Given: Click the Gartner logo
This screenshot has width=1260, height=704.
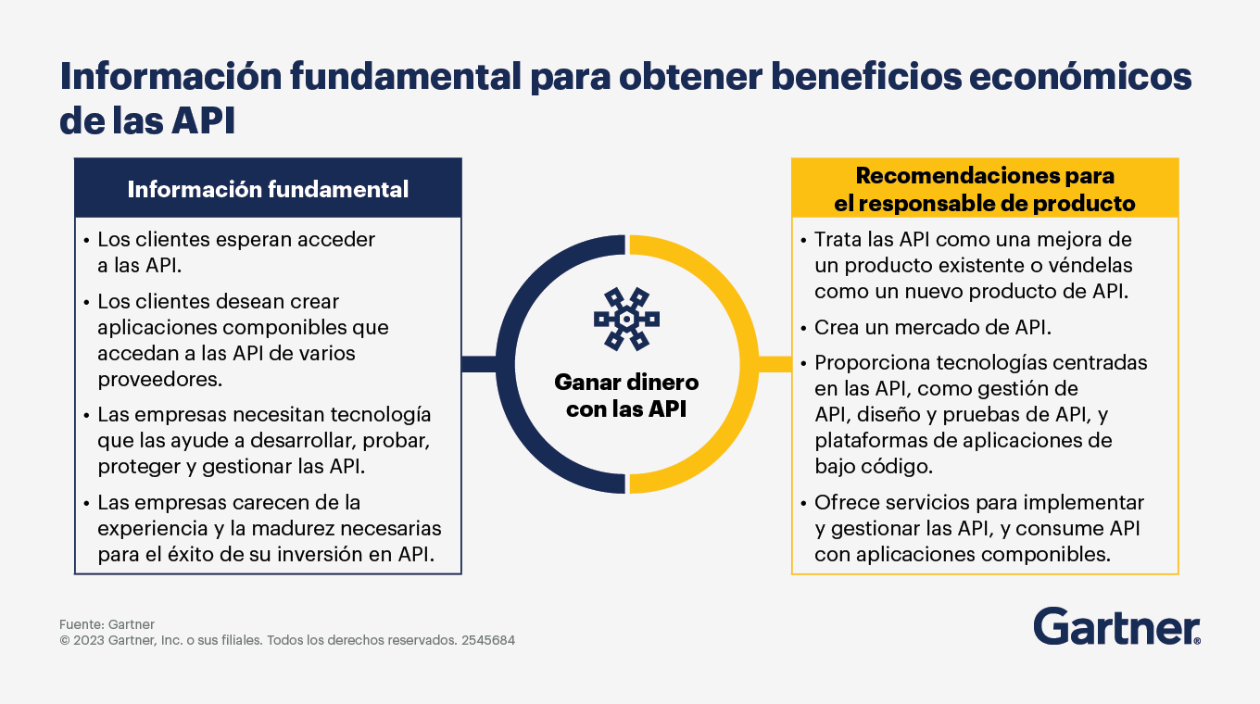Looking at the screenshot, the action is point(1116,626).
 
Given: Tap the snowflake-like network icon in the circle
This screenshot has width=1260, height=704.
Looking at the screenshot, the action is point(626,319).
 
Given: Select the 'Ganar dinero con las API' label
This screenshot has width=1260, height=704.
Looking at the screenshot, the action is point(626,396).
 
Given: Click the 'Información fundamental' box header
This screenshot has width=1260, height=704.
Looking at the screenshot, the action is point(268,188).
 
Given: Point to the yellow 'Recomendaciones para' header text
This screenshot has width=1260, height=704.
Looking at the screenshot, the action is point(985,176).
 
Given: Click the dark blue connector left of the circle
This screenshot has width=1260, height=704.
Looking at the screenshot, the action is point(479,364).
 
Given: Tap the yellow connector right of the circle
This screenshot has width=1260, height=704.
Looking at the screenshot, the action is point(775,364).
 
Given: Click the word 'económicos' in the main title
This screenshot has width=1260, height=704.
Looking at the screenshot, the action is point(1079,77).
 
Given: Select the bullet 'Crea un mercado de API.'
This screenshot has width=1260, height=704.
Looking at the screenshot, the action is point(933,327).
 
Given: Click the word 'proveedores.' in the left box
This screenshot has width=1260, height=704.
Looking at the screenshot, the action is point(159,380).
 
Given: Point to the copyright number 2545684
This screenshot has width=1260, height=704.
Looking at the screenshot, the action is point(488,640).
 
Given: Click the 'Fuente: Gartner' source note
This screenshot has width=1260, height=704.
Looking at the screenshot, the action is point(107,624).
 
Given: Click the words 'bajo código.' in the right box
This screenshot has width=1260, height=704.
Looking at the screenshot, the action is point(874,466).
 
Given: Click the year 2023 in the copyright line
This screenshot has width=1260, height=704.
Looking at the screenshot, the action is point(89,640).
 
